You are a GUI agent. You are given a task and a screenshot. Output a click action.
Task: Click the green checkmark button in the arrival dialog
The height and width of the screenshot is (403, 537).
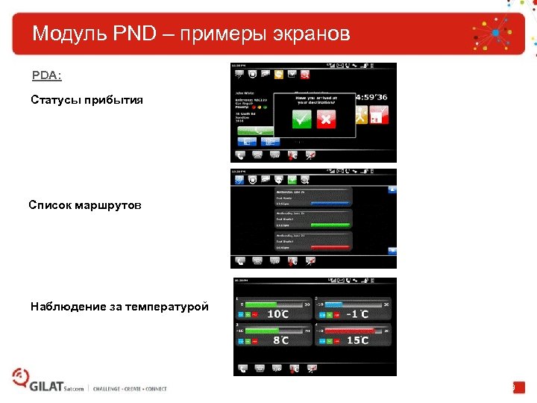tap(301, 119)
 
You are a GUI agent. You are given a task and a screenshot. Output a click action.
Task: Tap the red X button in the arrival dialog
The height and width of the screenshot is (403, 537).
tap(327, 119)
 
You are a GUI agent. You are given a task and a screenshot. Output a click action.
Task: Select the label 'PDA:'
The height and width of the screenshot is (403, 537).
tap(46, 76)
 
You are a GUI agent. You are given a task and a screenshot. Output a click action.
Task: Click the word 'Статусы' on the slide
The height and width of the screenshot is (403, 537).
tap(57, 100)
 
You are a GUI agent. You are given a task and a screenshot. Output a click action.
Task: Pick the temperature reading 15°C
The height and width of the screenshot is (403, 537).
tap(357, 340)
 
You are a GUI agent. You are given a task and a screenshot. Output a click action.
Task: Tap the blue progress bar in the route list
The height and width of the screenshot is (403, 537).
tap(329, 201)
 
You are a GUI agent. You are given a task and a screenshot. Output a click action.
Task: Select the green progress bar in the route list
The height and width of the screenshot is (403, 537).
tap(329, 224)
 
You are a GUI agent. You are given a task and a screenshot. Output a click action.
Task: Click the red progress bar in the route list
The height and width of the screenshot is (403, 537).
tap(329, 246)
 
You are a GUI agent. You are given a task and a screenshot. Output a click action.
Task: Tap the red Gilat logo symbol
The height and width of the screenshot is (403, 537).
tap(19, 378)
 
